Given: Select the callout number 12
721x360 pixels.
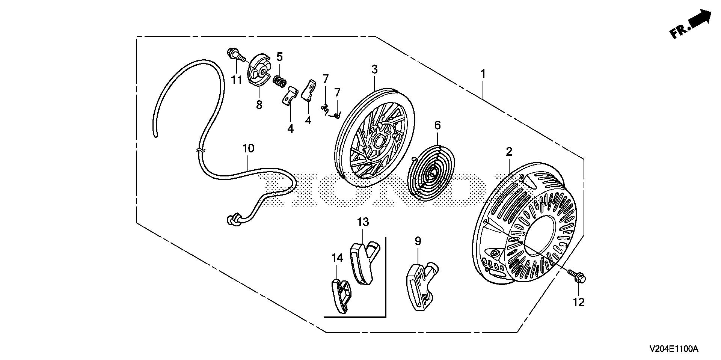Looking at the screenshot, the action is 579,302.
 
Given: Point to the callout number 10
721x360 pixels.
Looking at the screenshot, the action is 248,148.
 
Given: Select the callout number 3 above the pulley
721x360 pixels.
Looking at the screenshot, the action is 374,69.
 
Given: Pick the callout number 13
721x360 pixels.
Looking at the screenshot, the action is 363,222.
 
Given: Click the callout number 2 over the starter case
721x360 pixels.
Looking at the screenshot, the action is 509,152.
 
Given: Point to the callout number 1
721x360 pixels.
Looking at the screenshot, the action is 483,74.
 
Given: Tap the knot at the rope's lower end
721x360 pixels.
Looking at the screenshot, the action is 233,220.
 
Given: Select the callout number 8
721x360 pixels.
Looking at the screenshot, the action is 259,105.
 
